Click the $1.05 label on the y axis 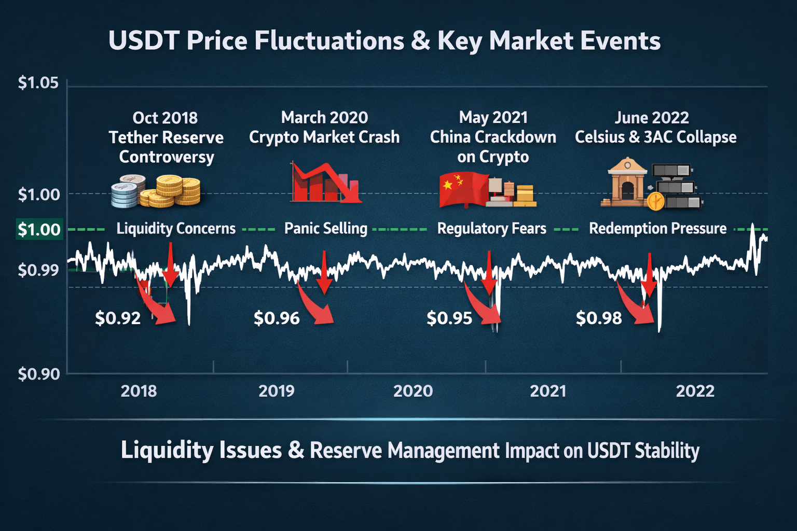[38, 83]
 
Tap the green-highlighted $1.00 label [39, 229]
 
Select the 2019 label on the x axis [276, 391]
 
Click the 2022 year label [695, 391]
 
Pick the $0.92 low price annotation [118, 318]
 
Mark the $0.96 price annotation [277, 318]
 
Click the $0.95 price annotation [449, 318]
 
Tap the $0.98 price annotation [599, 318]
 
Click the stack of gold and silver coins [156, 191]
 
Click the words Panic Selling [326, 229]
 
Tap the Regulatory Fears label [491, 229]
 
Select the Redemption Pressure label [657, 229]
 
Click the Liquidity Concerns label [176, 229]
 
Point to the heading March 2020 [324, 118]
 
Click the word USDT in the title [143, 41]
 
